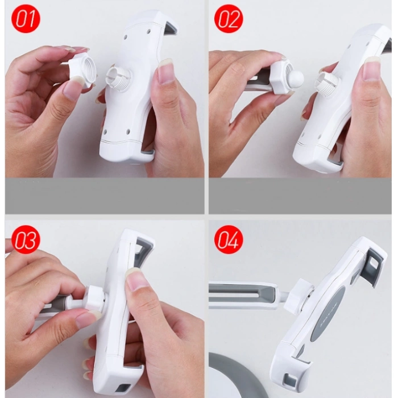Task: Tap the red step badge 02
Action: click(229, 19)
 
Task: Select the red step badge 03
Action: click(26, 239)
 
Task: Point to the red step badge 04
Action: click(229, 239)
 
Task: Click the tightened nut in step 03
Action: click(94, 297)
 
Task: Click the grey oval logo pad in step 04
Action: click(327, 311)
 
